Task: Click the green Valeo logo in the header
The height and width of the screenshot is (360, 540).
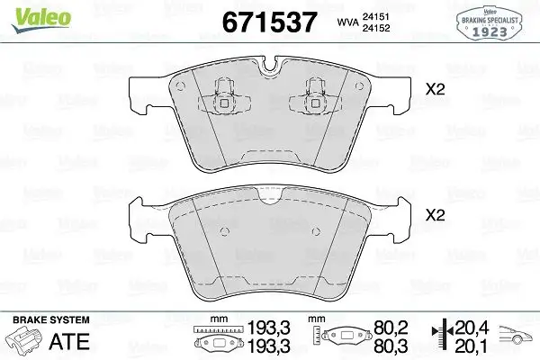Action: coord(29,12)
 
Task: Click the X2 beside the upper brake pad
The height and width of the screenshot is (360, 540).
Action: coord(436,89)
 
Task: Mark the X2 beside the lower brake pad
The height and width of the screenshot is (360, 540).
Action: coord(436,216)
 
